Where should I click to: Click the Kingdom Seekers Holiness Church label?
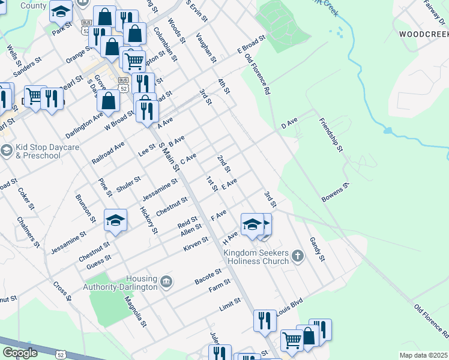point(256,257)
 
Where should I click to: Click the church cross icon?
point(297,257)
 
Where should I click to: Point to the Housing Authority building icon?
point(166,281)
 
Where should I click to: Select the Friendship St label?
point(331,135)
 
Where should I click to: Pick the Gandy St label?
point(317,249)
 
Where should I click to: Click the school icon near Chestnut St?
point(115,220)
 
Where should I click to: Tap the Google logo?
point(20,353)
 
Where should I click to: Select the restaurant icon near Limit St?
point(264,320)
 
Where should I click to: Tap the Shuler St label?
point(128,184)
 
